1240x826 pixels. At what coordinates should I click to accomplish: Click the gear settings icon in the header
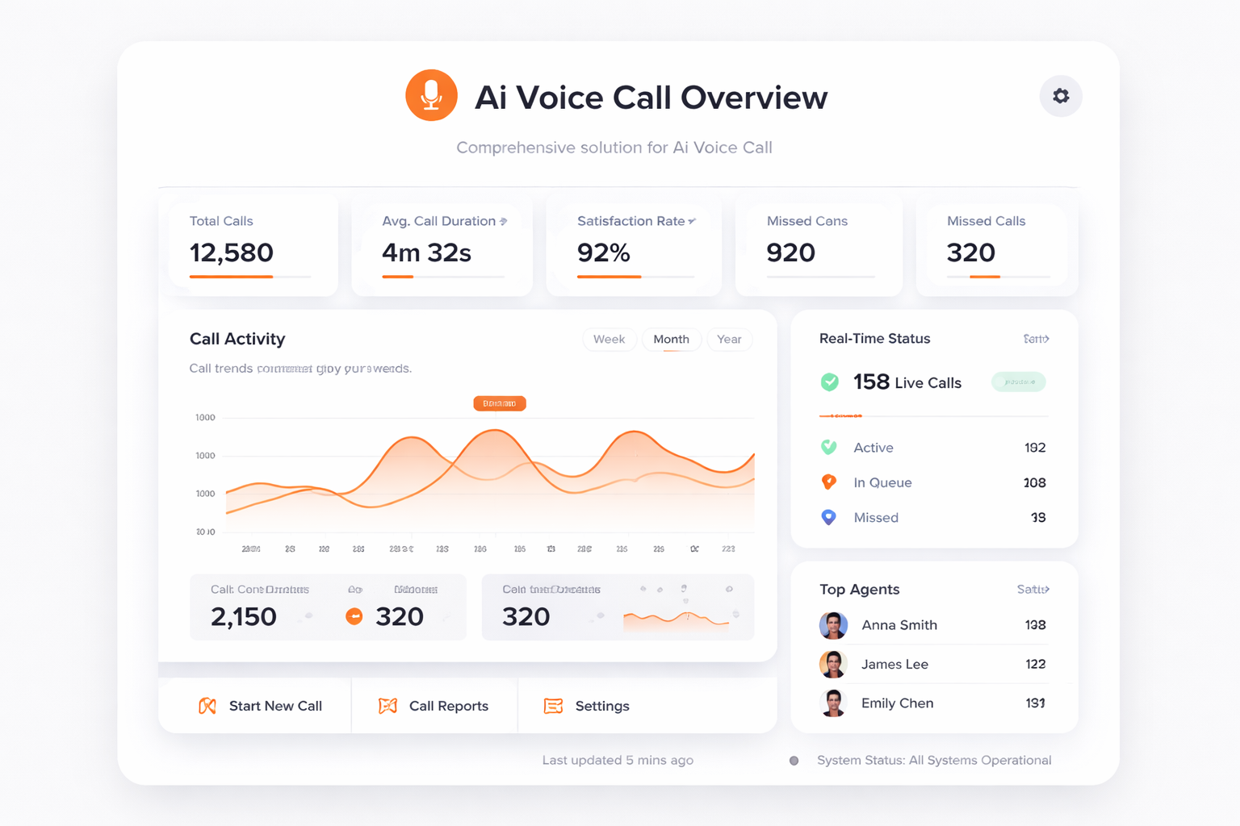[x=1061, y=96]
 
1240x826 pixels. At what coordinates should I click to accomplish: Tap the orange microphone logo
[x=431, y=95]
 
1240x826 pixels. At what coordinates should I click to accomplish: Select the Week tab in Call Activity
[x=609, y=340]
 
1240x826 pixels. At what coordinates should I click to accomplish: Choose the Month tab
[x=671, y=340]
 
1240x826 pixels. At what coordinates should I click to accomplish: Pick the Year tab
[x=729, y=340]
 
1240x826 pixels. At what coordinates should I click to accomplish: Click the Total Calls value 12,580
[x=232, y=253]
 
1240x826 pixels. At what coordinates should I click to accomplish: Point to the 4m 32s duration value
[x=426, y=253]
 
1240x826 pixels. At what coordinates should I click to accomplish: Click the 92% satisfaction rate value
[x=604, y=253]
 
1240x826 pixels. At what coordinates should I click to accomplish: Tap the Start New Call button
[x=260, y=706]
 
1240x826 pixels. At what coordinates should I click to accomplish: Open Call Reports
[x=434, y=706]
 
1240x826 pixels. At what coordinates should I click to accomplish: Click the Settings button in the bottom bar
[x=587, y=706]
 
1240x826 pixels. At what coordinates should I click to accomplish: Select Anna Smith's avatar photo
[x=833, y=625]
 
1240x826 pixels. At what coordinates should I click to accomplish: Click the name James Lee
[x=894, y=665]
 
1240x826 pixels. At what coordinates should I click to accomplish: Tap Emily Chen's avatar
[x=833, y=703]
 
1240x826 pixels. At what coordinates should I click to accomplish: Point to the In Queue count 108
[x=1034, y=483]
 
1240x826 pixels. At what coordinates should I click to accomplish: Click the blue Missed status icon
[x=828, y=517]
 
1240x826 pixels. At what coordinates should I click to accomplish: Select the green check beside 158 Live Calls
[x=829, y=382]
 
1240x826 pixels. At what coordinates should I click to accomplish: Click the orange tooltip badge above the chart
[x=500, y=403]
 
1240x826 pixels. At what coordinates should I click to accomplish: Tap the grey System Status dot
[x=794, y=761]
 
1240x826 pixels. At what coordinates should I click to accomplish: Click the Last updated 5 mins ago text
[x=618, y=761]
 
